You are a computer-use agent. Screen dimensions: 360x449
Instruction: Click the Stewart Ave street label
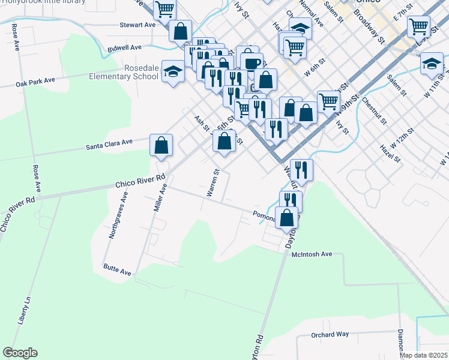coord(137,25)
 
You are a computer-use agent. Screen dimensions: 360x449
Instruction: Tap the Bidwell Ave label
coord(124,47)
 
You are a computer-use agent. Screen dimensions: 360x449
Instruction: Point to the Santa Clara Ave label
coord(109,144)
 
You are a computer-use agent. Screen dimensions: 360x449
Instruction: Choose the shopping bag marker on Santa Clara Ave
coord(161,145)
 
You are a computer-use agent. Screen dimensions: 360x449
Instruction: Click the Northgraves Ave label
coord(118,215)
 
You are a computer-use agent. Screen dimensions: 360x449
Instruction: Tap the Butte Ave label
coord(117,270)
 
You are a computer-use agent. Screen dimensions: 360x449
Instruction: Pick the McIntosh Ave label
coord(312,254)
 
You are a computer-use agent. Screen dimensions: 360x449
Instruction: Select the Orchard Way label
coord(330,334)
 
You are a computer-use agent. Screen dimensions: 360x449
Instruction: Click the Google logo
coord(20,353)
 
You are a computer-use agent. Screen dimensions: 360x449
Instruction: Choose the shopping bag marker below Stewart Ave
coord(180,31)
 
